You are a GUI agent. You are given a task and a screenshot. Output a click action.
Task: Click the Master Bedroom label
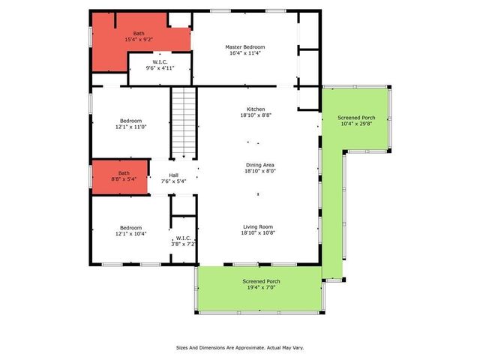click(x=245, y=47)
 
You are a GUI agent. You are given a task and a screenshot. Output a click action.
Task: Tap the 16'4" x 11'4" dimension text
click(x=245, y=54)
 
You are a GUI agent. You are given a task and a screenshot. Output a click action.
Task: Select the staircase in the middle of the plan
click(x=184, y=123)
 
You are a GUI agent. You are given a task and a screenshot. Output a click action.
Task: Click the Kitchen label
click(x=256, y=109)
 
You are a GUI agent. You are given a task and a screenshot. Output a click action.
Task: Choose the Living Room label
click(x=256, y=226)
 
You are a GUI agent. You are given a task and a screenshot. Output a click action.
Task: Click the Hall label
click(x=173, y=175)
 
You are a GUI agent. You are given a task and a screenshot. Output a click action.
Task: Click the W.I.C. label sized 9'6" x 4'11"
click(x=160, y=62)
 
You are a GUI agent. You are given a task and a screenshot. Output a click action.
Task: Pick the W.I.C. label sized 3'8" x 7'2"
click(x=182, y=238)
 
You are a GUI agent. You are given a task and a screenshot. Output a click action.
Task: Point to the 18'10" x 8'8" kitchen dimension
click(x=256, y=115)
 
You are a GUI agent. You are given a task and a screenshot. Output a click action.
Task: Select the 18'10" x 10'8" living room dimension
click(x=256, y=233)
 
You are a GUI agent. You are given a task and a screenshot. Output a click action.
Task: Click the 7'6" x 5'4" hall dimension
click(x=173, y=181)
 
